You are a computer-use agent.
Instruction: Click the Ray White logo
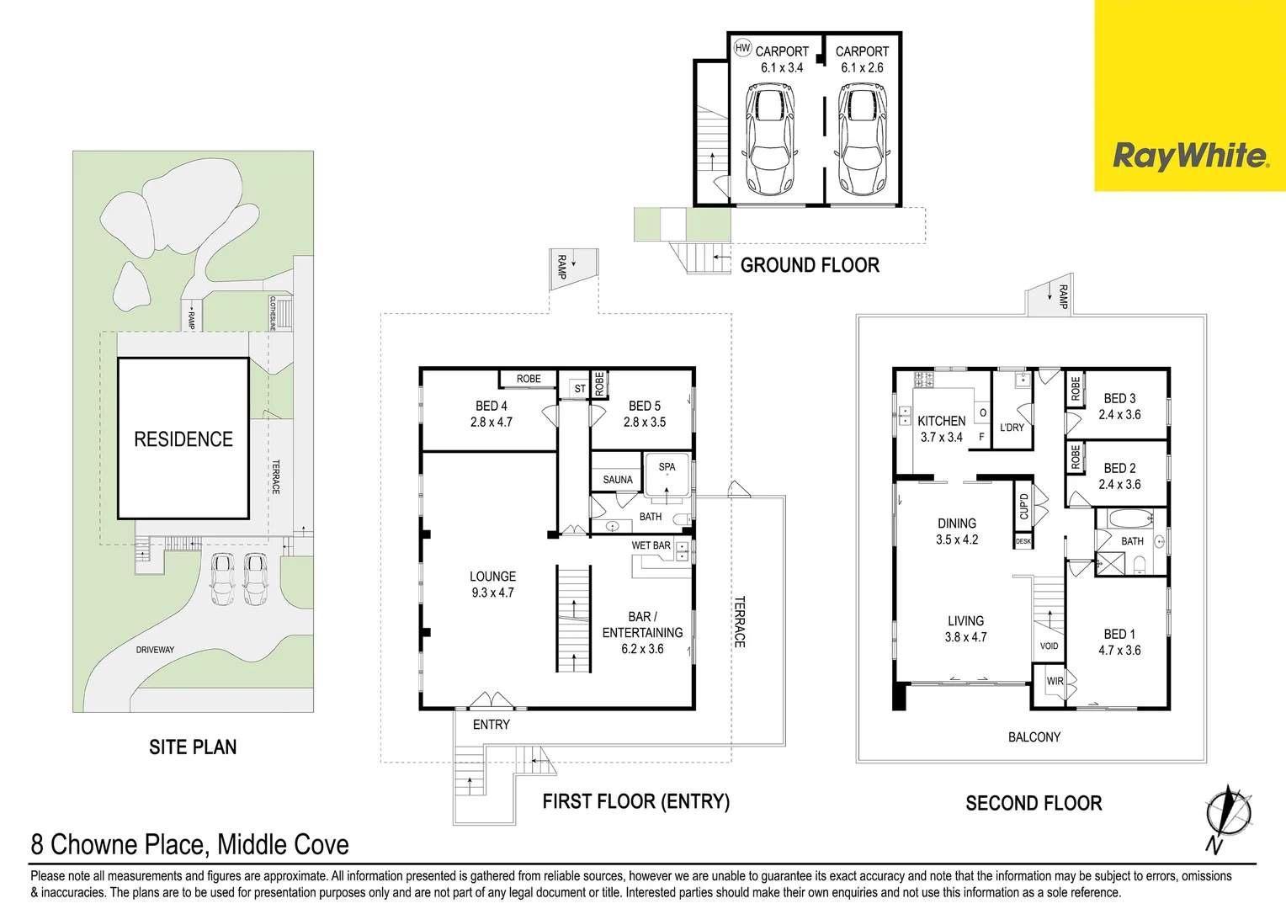(x=1190, y=157)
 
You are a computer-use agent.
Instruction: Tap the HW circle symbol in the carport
(x=742, y=48)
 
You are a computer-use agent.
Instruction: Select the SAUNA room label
(x=618, y=480)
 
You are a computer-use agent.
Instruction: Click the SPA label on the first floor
(x=667, y=466)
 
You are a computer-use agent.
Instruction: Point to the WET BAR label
(x=651, y=545)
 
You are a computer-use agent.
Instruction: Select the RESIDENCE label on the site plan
(x=183, y=439)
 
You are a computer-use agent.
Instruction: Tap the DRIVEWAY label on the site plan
(x=155, y=650)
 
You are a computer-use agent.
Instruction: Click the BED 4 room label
(x=492, y=406)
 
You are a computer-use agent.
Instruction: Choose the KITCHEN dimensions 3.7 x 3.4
(x=941, y=437)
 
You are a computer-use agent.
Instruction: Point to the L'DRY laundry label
(x=1012, y=428)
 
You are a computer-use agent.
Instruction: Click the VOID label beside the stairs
(x=1049, y=646)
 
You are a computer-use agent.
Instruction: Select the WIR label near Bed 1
(x=1055, y=681)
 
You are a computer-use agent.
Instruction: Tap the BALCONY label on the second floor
(x=1034, y=737)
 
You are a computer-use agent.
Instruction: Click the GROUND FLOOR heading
(x=810, y=265)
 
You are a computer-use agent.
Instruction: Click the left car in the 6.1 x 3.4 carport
(x=769, y=139)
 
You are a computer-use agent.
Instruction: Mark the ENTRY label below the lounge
(x=491, y=725)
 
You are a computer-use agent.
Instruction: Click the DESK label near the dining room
(x=1023, y=541)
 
